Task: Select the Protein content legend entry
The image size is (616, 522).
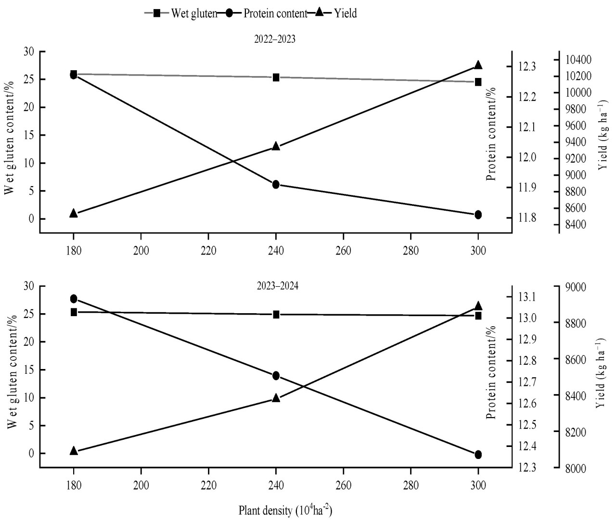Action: pos(275,13)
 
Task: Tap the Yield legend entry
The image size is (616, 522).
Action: pos(346,13)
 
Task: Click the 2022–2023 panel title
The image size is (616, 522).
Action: pos(275,40)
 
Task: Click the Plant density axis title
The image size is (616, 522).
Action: pos(285,510)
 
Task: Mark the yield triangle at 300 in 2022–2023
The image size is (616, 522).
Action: pos(478,65)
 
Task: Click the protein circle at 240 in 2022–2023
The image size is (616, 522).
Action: pos(276,184)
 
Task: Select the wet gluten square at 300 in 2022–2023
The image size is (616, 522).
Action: pos(478,82)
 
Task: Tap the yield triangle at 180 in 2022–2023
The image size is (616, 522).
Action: pos(74,213)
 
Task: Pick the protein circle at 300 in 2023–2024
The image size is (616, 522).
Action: pos(478,455)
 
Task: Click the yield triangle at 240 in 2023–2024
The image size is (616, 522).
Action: pos(276,398)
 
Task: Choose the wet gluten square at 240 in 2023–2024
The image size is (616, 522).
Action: pos(276,314)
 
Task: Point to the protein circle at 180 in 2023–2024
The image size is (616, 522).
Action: pos(74,299)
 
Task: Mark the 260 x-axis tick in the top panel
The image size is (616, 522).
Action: pos(343,251)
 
